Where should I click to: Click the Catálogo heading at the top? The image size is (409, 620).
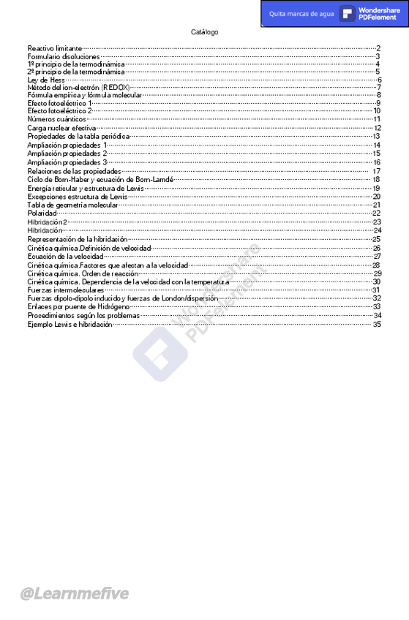tap(204, 32)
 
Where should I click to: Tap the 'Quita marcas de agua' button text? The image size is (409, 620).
tap(301, 14)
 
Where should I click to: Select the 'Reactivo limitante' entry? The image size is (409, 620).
tap(55, 48)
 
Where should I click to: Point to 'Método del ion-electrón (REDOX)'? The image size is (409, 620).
tap(78, 87)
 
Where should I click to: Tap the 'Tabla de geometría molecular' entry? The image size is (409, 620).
tap(72, 205)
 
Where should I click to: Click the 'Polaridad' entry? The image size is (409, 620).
tap(42, 213)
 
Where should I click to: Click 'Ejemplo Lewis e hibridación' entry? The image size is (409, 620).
tap(70, 324)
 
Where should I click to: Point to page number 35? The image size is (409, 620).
tap(377, 324)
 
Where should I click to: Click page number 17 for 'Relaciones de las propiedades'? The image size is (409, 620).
tap(376, 171)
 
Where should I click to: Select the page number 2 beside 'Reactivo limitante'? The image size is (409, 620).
tap(378, 48)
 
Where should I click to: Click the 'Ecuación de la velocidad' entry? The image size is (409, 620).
tap(65, 257)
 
